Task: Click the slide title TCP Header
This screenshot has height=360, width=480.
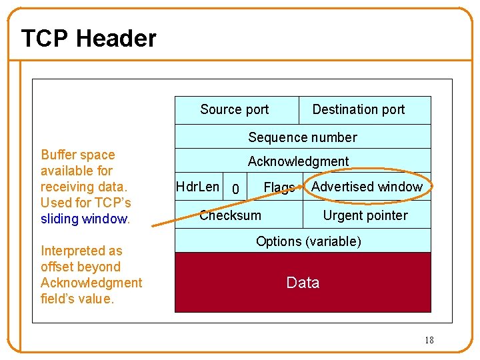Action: pos(89,39)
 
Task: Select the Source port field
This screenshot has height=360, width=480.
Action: pos(234,109)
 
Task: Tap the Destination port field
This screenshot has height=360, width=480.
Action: pos(359,109)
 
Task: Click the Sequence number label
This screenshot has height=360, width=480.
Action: pos(303,137)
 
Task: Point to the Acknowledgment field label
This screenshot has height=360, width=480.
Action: pos(298,161)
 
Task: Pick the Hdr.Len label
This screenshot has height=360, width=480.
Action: pos(197,187)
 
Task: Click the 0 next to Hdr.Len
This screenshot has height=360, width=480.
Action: pos(234,190)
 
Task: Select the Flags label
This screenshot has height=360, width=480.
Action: pos(279,188)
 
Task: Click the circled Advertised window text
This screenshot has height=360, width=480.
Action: pos(367,187)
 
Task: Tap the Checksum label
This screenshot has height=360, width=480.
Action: pos(231,215)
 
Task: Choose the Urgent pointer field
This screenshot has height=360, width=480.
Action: pos(365,215)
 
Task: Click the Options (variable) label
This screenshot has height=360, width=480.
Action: pos(309,241)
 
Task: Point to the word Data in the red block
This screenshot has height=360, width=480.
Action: pos(303,283)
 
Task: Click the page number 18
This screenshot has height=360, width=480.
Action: pos(429,340)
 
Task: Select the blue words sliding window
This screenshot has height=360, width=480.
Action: pos(84,219)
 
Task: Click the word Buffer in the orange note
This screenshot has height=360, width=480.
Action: pos(59,155)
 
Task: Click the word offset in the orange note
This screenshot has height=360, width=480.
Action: pos(58,267)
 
